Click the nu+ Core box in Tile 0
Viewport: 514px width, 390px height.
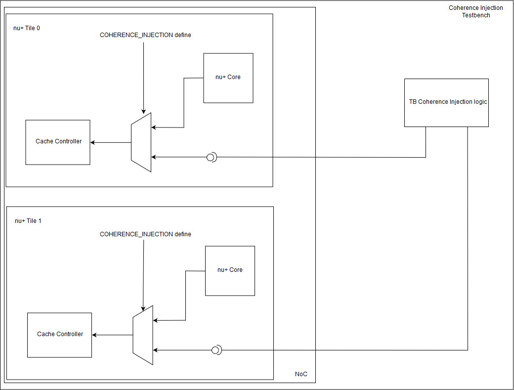pyautogui.click(x=228, y=78)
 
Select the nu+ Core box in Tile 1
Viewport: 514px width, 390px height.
pyautogui.click(x=230, y=271)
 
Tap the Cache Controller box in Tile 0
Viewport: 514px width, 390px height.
pyautogui.click(x=58, y=142)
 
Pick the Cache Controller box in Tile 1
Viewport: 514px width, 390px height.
pyautogui.click(x=59, y=335)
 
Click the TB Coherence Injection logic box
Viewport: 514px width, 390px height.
pyautogui.click(x=446, y=103)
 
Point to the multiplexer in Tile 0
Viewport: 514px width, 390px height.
pyautogui.click(x=141, y=142)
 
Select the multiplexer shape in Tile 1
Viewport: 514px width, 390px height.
pyautogui.click(x=143, y=335)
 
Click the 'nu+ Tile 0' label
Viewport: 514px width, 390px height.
pyautogui.click(x=27, y=28)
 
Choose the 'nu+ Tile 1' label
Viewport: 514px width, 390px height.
pyautogui.click(x=28, y=221)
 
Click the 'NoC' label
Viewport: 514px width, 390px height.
pyautogui.click(x=301, y=374)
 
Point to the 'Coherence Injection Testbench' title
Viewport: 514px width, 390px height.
pyautogui.click(x=475, y=11)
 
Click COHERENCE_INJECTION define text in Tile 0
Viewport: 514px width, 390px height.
pyautogui.click(x=145, y=35)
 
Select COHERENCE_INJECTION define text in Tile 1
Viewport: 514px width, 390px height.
pyautogui.click(x=145, y=234)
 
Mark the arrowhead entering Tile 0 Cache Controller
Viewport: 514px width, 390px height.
pyautogui.click(x=93, y=142)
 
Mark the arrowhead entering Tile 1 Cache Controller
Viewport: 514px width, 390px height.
pyautogui.click(x=94, y=335)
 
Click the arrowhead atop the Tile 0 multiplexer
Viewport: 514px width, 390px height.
pyautogui.click(x=144, y=111)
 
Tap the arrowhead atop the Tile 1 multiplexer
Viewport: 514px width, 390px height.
pyautogui.click(x=143, y=308)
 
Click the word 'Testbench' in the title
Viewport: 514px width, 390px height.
pyautogui.click(x=476, y=15)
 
